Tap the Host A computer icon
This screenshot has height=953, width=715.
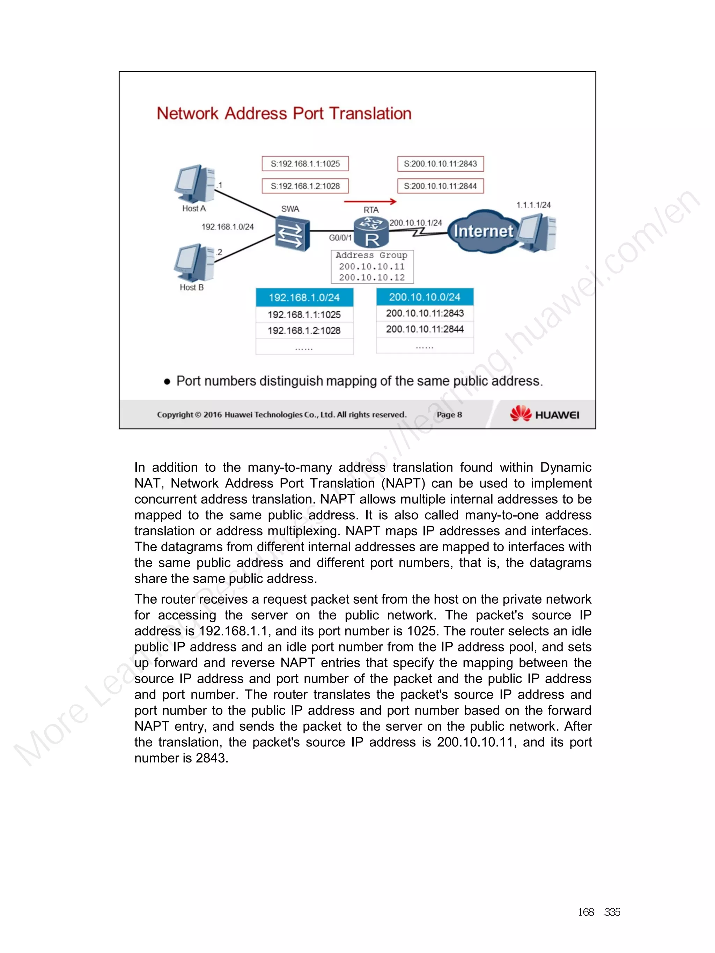tap(194, 184)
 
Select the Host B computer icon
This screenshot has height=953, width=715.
tap(194, 263)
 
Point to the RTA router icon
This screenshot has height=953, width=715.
tap(371, 232)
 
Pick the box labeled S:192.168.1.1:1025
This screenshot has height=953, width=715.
tap(305, 164)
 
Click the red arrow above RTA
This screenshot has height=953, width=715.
tap(370, 201)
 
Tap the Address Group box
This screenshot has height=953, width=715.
tap(372, 267)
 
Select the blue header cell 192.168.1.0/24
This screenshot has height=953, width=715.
tap(304, 297)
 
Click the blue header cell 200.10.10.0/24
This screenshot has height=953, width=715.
tap(425, 297)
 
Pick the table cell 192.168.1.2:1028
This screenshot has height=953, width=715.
tap(304, 330)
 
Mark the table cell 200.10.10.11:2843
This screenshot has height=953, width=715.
tap(425, 313)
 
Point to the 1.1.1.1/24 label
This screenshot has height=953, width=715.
tap(533, 205)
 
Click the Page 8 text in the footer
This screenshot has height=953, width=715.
tap(449, 415)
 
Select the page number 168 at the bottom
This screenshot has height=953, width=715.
tap(586, 912)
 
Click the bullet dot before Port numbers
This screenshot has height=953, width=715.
tap(167, 382)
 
